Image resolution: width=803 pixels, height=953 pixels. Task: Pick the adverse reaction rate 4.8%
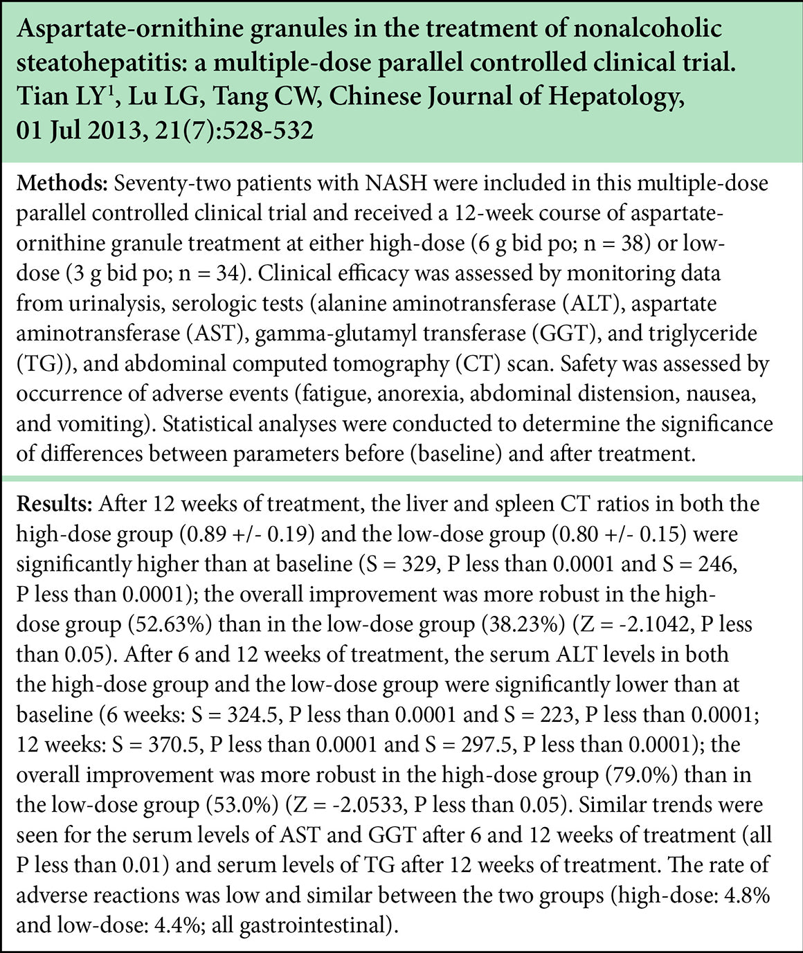pyautogui.click(x=747, y=895)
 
